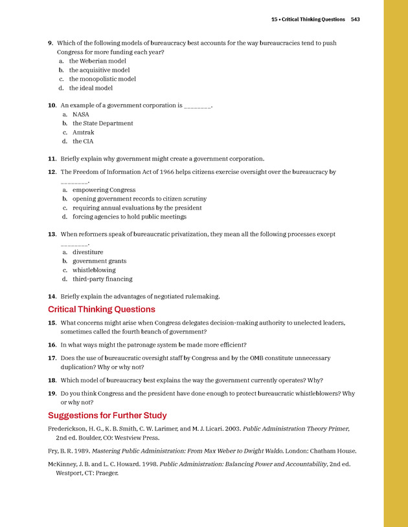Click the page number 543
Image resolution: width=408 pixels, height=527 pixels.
tap(355, 19)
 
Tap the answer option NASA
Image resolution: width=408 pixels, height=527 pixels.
tap(81, 114)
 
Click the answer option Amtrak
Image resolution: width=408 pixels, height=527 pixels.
tap(83, 132)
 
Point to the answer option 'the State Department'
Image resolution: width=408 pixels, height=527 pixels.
tap(102, 123)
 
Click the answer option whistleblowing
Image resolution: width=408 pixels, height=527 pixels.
tap(94, 270)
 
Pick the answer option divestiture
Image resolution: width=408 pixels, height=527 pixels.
tap(87, 252)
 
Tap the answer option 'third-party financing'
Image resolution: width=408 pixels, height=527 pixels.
tap(102, 279)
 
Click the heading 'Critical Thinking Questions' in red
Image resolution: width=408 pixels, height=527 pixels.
tap(102, 309)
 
